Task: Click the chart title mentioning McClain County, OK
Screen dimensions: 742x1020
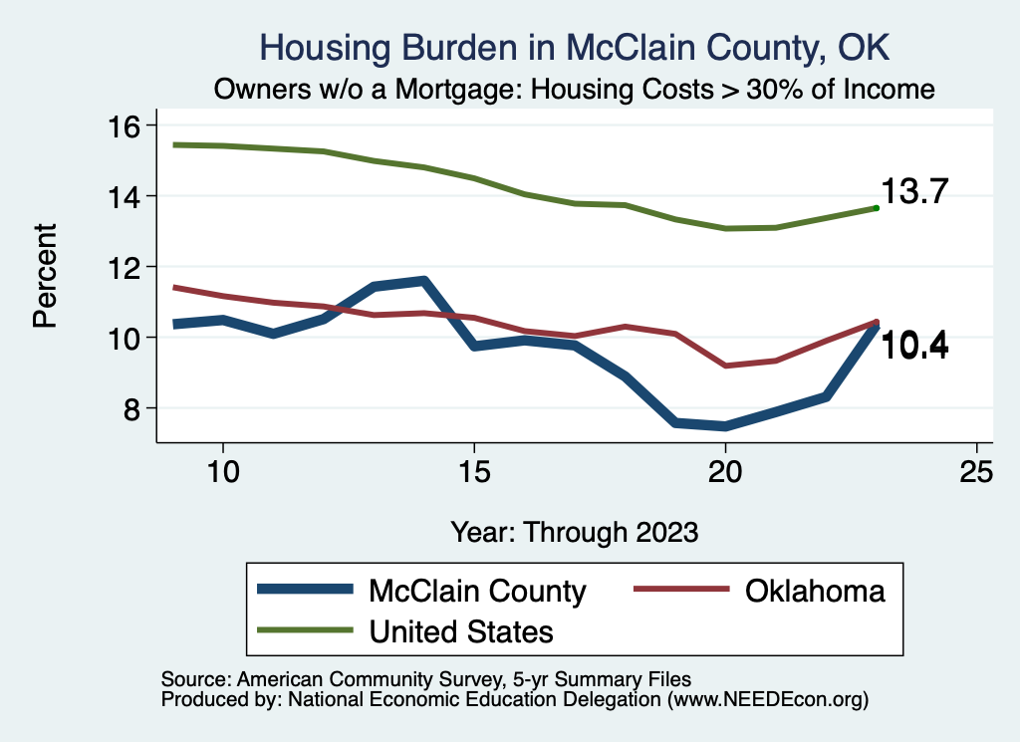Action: pyautogui.click(x=574, y=47)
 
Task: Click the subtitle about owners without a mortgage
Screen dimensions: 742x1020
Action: pyautogui.click(x=575, y=90)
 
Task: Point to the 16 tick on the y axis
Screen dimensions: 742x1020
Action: pyautogui.click(x=127, y=125)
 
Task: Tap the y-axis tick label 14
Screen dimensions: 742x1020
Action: pyautogui.click(x=127, y=196)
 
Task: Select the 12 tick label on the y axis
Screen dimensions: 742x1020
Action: pyautogui.click(x=127, y=267)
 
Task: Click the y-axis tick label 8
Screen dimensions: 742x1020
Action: pyautogui.click(x=135, y=408)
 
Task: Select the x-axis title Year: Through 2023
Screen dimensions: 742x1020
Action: pyautogui.click(x=574, y=531)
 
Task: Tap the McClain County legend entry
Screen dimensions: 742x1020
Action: pyautogui.click(x=476, y=591)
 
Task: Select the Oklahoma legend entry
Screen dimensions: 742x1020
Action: pyautogui.click(x=814, y=591)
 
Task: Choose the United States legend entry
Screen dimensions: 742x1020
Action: pyautogui.click(x=460, y=630)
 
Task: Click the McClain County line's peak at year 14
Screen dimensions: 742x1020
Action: pyautogui.click(x=423, y=282)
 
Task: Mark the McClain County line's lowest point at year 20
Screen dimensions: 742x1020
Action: pyautogui.click(x=725, y=426)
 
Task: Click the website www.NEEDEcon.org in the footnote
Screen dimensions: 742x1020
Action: pyautogui.click(x=767, y=700)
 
